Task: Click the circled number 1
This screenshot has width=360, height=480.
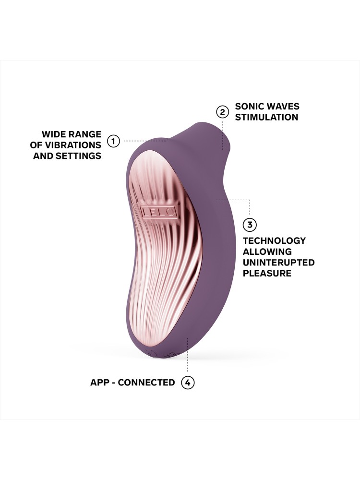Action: click(x=113, y=141)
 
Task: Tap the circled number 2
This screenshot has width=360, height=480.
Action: click(x=222, y=112)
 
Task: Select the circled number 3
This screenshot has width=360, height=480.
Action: click(x=250, y=224)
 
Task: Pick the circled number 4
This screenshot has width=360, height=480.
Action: click(x=188, y=383)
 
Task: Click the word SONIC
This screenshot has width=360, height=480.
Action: click(x=249, y=107)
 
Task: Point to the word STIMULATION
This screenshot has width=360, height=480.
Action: click(x=266, y=117)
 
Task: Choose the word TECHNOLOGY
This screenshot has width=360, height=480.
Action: click(x=274, y=240)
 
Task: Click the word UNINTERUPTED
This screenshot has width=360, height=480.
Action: click(x=278, y=263)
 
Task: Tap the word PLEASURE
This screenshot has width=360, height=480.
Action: click(x=267, y=274)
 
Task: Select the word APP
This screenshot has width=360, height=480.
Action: click(x=100, y=383)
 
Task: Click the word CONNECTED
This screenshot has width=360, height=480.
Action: click(x=146, y=383)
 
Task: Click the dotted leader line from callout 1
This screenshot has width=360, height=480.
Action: click(x=144, y=141)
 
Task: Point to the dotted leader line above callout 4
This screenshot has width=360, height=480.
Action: click(x=188, y=360)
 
